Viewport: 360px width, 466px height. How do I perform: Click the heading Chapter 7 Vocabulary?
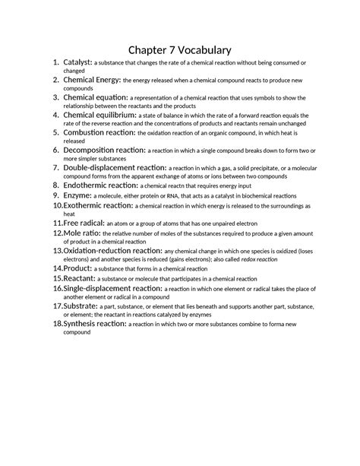(x=179, y=50)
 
